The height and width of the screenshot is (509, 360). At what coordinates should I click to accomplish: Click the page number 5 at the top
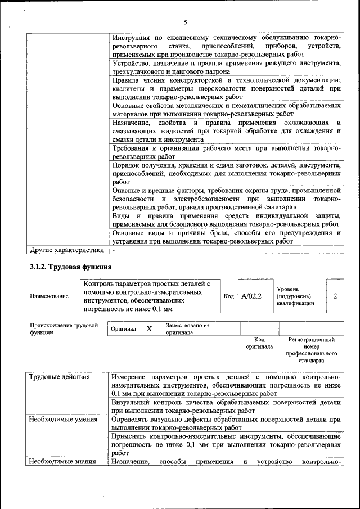(x=184, y=22)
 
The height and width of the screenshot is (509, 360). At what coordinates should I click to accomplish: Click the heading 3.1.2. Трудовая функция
(x=70, y=267)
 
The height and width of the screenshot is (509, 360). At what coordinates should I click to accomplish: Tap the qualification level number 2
(x=335, y=295)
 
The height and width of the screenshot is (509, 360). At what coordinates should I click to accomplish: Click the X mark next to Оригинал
(x=149, y=328)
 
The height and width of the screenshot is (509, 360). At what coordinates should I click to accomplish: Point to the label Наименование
(x=49, y=296)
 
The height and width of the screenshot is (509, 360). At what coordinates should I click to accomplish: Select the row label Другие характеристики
(x=67, y=249)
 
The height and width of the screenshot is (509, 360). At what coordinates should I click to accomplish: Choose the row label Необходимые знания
(x=62, y=462)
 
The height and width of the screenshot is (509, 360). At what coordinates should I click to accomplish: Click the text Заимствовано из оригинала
(x=187, y=328)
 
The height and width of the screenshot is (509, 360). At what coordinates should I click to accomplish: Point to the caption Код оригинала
(x=259, y=343)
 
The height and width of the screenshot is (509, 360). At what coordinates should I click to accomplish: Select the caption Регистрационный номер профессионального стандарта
(x=311, y=350)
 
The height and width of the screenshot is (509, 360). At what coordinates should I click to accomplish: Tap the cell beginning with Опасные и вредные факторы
(x=226, y=199)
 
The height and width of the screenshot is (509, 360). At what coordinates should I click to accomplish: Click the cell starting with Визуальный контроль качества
(x=226, y=407)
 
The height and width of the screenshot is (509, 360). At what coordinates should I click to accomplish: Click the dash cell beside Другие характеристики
(x=114, y=249)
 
